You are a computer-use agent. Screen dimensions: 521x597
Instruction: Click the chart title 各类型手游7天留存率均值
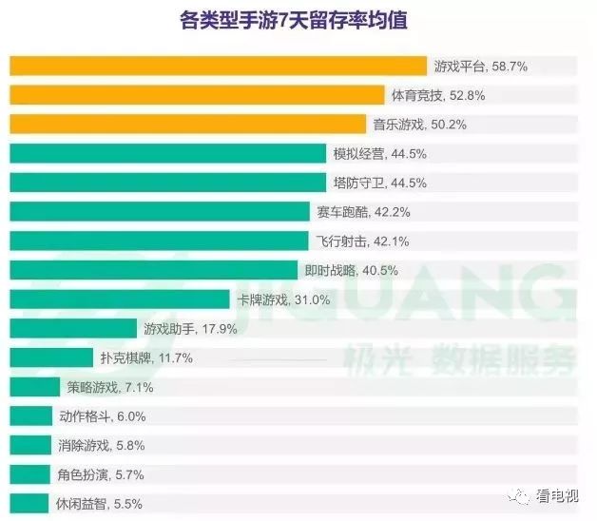coord(299,20)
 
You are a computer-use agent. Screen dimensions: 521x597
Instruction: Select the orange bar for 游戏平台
coord(218,66)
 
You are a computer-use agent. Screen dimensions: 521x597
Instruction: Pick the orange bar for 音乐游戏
coord(187,125)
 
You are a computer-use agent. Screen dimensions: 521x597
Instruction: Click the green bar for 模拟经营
coord(167,154)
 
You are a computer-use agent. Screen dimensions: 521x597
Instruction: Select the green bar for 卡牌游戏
coord(119,299)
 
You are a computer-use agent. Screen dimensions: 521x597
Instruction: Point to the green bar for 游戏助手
coord(73,329)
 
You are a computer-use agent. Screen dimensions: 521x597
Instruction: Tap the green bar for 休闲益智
coord(30,503)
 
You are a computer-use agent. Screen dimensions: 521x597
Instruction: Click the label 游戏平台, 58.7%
coord(480,67)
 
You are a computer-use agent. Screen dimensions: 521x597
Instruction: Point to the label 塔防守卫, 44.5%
coord(379,183)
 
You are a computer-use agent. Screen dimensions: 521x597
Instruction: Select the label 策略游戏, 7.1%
coord(110,387)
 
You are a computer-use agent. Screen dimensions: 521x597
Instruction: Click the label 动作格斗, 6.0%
coord(103,416)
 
